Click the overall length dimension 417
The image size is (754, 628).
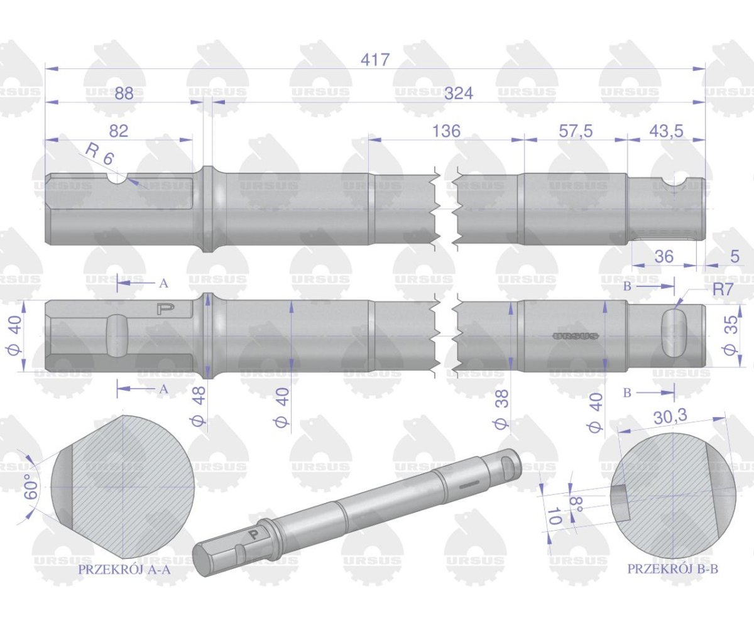pyautogui.click(x=375, y=60)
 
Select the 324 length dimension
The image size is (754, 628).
pyautogui.click(x=458, y=94)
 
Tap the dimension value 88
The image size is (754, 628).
pyautogui.click(x=124, y=94)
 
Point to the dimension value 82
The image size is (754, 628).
pyautogui.click(x=119, y=131)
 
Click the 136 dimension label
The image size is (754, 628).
pyautogui.click(x=446, y=131)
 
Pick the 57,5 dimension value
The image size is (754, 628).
pyautogui.click(x=576, y=131)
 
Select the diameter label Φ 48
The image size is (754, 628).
pyautogui.click(x=199, y=406)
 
